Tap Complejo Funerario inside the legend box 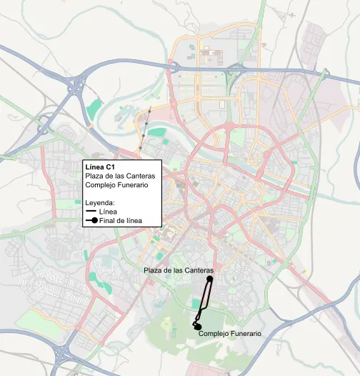[116, 185]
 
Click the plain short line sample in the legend [91, 212]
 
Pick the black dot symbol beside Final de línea [94, 222]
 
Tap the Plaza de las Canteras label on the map [179, 270]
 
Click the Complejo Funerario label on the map [230, 334]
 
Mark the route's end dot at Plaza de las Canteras [211, 279]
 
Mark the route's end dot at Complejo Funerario [198, 327]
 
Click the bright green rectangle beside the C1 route [196, 304]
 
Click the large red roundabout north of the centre [230, 126]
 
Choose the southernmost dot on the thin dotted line [140, 147]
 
